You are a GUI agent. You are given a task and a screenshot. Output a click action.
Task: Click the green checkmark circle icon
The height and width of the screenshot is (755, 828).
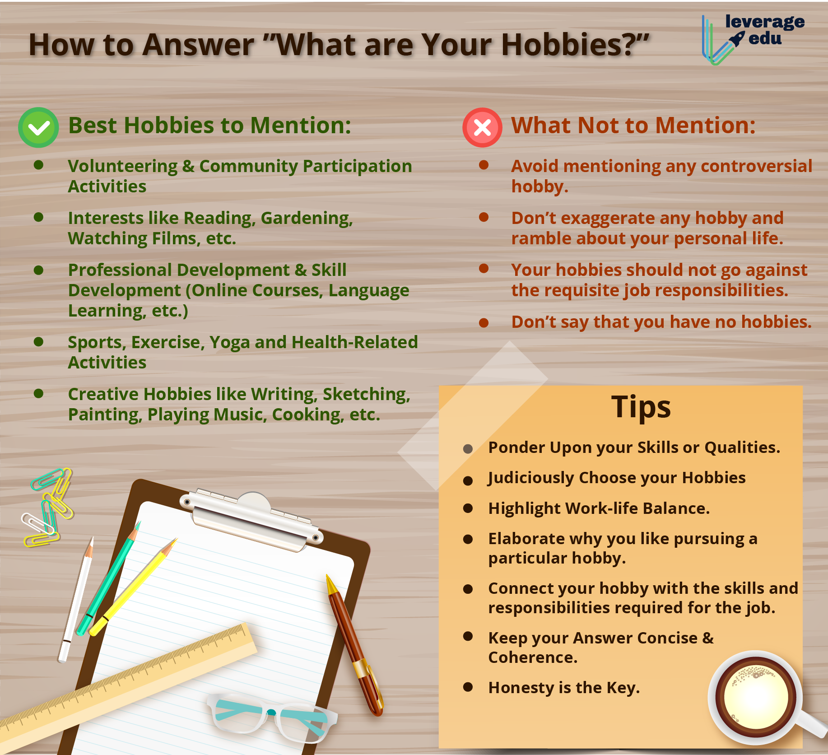click(38, 127)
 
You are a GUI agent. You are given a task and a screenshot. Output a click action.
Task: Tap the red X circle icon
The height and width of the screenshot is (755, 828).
click(482, 127)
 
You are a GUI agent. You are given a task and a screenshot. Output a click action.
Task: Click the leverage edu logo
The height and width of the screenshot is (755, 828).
click(753, 39)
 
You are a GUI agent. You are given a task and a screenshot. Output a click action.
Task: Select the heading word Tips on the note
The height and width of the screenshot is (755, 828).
click(641, 407)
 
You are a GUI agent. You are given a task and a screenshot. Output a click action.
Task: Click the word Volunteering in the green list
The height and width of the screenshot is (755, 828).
click(123, 166)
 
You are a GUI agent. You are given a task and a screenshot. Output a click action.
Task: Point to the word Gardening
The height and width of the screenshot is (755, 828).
click(307, 218)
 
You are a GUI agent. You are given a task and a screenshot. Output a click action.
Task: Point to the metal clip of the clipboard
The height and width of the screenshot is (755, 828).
click(253, 519)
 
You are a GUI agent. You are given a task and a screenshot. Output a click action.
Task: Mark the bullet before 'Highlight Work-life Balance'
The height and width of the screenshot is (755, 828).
click(468, 508)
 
